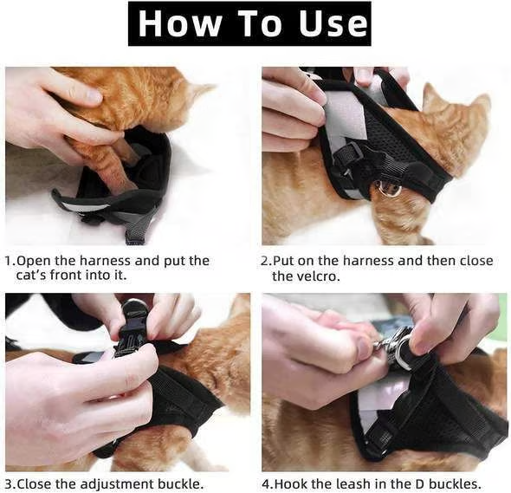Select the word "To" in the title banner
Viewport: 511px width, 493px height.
coord(253,23)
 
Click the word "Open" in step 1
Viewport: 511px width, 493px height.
coord(33,261)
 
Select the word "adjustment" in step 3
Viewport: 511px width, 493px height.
coord(97,484)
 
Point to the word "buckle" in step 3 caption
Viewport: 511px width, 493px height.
coord(158,484)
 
